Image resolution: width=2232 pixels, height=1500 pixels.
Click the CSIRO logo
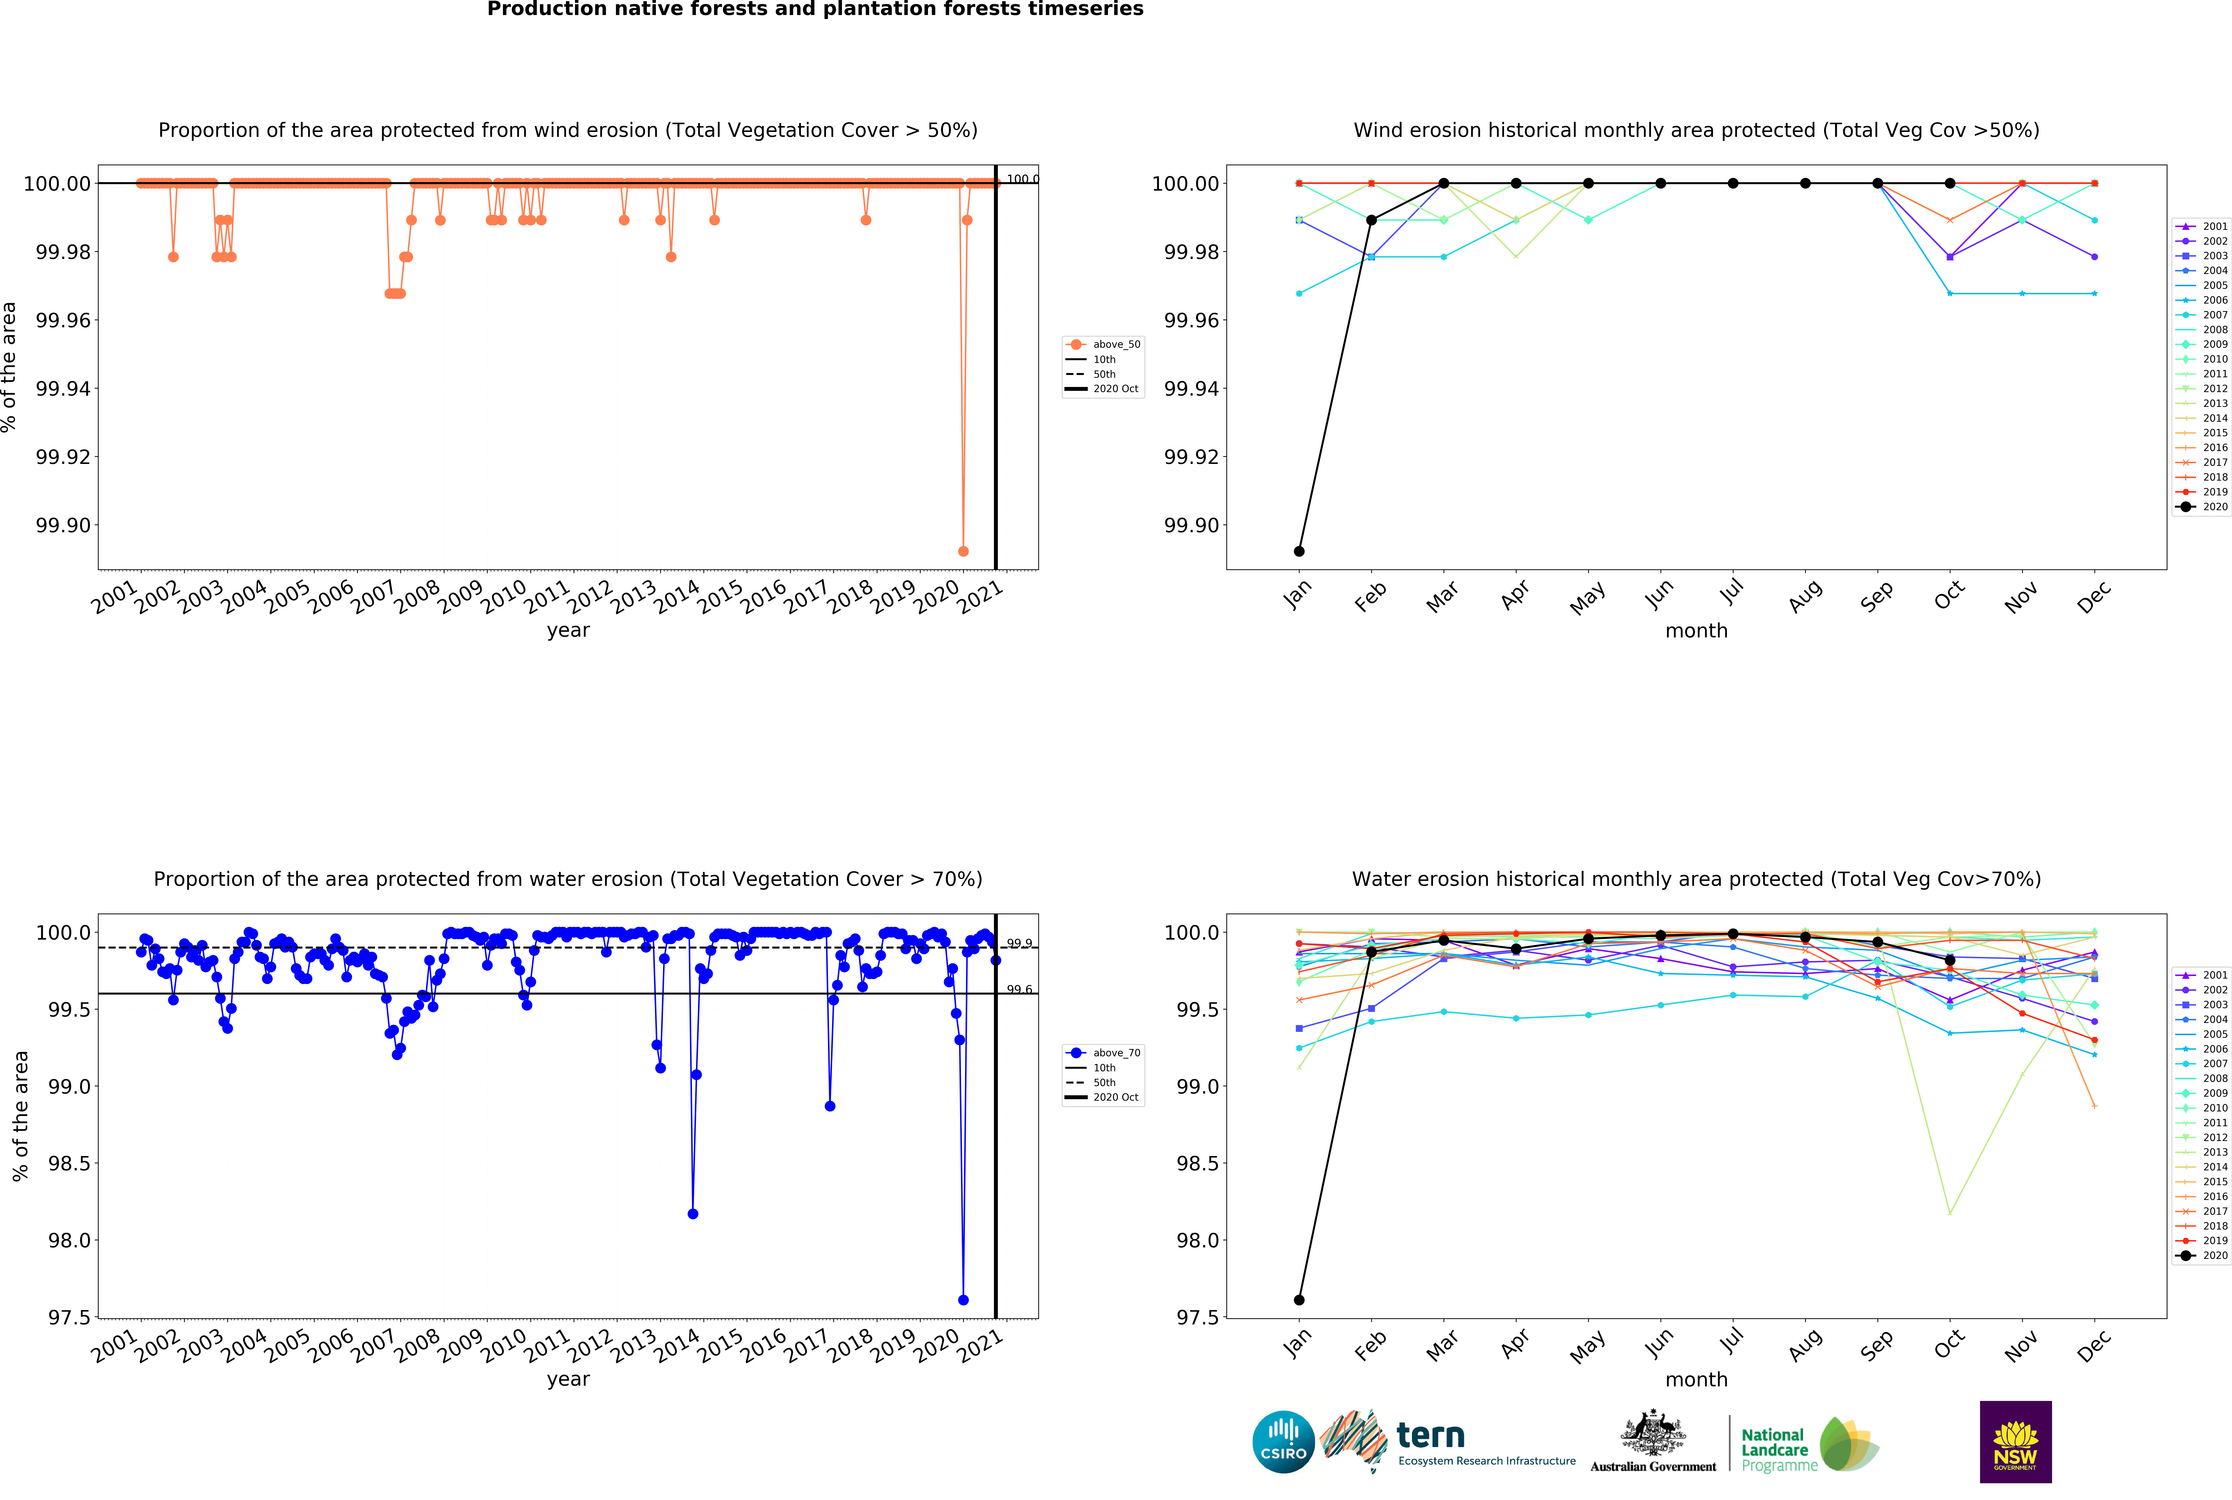click(x=1283, y=1441)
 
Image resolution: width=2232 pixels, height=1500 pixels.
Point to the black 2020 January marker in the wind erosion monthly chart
click(x=1298, y=551)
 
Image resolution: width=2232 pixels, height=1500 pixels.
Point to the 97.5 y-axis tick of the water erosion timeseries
click(x=69, y=1317)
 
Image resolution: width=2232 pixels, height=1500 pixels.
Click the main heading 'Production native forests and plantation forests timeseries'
click(x=815, y=10)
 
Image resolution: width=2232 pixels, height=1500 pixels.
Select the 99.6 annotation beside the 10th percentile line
click(x=1019, y=989)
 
